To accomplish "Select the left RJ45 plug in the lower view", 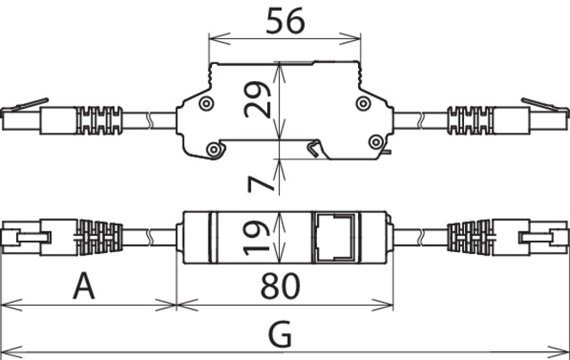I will [x=25, y=236].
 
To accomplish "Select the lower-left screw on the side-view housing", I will [x=215, y=150].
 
